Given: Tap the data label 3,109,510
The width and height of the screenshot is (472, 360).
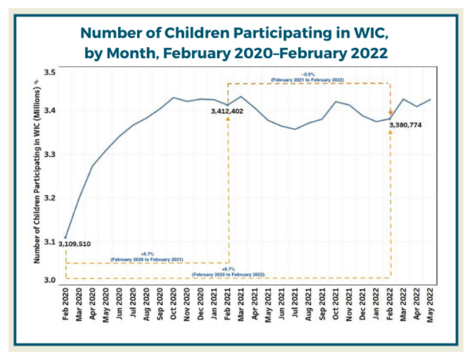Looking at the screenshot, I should [75, 244].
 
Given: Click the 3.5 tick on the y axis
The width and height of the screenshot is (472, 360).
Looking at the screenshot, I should [50, 72].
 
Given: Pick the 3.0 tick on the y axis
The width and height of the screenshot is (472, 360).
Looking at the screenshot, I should [50, 281].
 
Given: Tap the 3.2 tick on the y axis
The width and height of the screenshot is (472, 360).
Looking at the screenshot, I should [50, 197].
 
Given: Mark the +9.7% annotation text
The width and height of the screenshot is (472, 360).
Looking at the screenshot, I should [147, 255].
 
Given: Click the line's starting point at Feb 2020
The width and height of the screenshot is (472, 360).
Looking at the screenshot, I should [66, 237].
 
